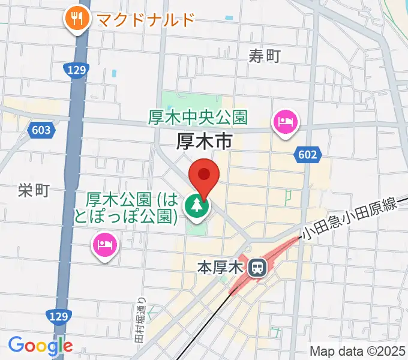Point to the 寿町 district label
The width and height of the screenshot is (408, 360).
265,56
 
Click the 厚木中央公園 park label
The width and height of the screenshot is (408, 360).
198,118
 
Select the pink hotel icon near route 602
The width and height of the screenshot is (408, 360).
284,123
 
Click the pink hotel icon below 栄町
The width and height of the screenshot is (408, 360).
105,244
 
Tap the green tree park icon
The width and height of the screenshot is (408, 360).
196,207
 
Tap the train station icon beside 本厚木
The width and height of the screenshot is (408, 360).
257,268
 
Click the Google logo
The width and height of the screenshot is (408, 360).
40,345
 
